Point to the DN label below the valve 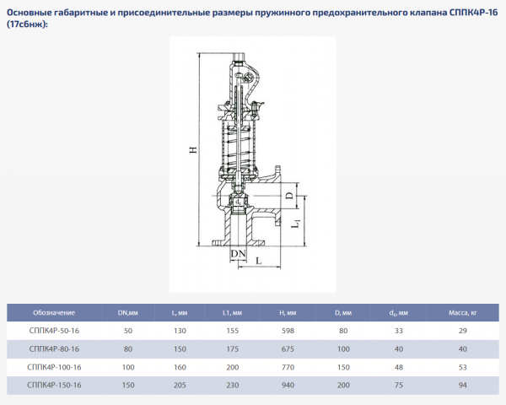click(x=239, y=254)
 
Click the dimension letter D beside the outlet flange click(x=289, y=197)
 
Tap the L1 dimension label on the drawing click(x=295, y=225)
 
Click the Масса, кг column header click(x=463, y=313)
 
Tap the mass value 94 click(x=463, y=386)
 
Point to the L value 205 click(x=180, y=386)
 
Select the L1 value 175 click(x=231, y=349)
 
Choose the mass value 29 click(x=463, y=332)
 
